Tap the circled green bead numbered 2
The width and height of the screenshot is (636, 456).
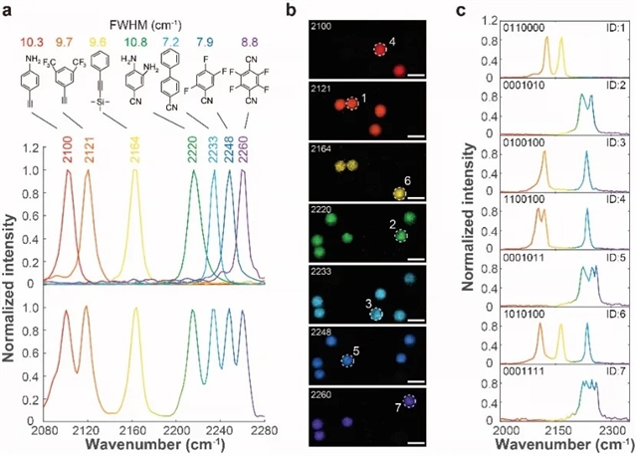tap(400, 236)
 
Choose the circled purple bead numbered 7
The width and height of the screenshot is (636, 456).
tap(410, 402)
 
